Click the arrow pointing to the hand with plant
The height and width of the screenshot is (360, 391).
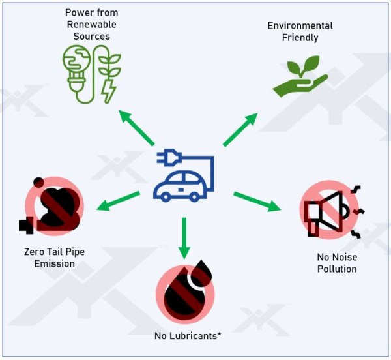[240, 130]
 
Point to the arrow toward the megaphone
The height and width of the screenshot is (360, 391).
[257, 202]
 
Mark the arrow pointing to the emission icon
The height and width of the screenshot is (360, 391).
[118, 201]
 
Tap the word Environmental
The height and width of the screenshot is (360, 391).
[300, 26]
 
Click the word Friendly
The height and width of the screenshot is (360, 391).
[300, 38]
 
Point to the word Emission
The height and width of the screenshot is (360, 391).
[55, 264]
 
